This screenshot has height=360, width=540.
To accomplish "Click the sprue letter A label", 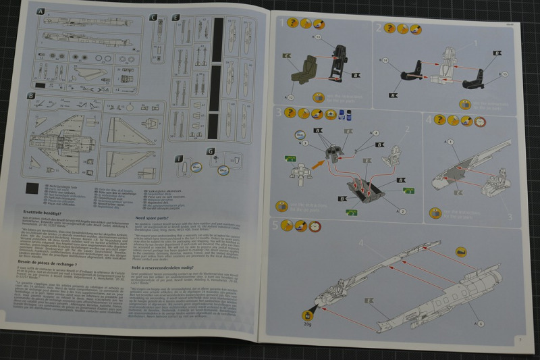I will [x=40, y=13].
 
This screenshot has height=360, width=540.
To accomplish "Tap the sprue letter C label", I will [x=153, y=17].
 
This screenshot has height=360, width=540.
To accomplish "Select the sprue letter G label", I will [x=211, y=151].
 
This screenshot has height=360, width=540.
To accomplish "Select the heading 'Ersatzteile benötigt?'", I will [x=41, y=212].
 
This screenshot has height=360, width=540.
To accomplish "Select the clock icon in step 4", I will [x=479, y=121].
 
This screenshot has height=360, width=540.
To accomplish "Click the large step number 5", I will [x=275, y=226].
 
